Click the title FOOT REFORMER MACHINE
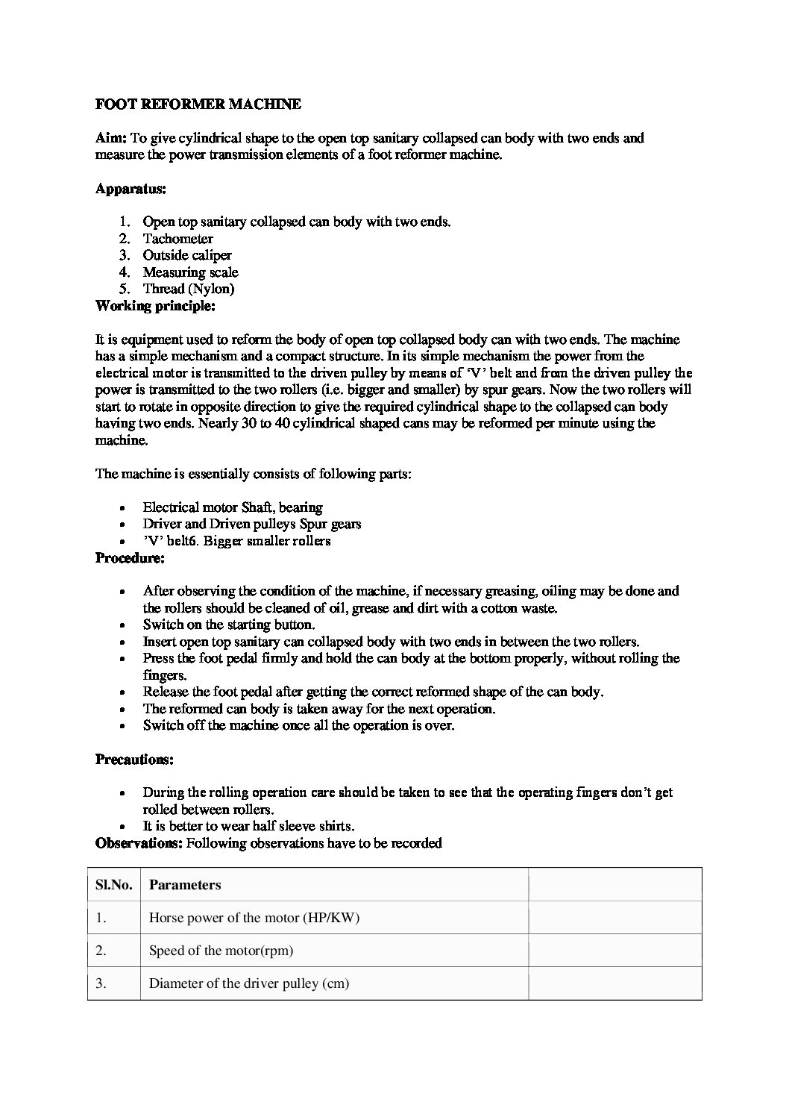[x=198, y=104]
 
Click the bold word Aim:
[x=112, y=138]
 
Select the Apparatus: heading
[x=131, y=189]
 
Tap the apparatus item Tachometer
[x=178, y=239]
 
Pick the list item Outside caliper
[x=187, y=255]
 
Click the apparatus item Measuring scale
[x=191, y=272]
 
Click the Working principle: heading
[x=155, y=306]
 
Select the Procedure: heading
[x=130, y=557]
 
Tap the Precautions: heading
[x=134, y=760]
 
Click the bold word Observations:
[x=139, y=843]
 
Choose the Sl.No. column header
[x=113, y=885]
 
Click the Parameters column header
[x=185, y=885]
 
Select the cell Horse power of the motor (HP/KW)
[x=254, y=918]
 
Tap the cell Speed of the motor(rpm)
[x=221, y=951]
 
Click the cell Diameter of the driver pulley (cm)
[x=249, y=983]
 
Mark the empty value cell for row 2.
[x=614, y=951]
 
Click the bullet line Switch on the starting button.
[x=229, y=625]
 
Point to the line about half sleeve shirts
[x=248, y=826]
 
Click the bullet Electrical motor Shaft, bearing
[x=233, y=507]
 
